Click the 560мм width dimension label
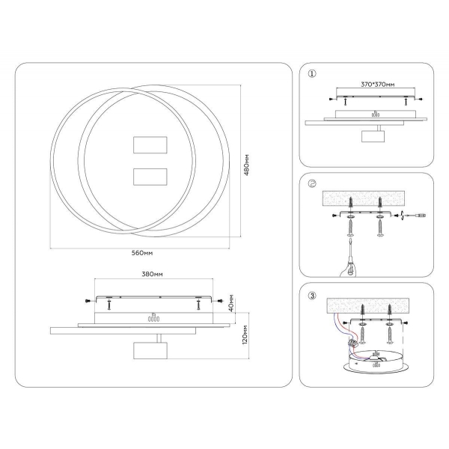pos(142,253)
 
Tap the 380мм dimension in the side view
pos(152,274)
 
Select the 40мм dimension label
pos(233,305)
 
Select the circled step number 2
pos(312,183)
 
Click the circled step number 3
pos(312,294)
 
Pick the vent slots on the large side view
pos(153,317)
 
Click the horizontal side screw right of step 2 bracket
pos(413,216)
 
